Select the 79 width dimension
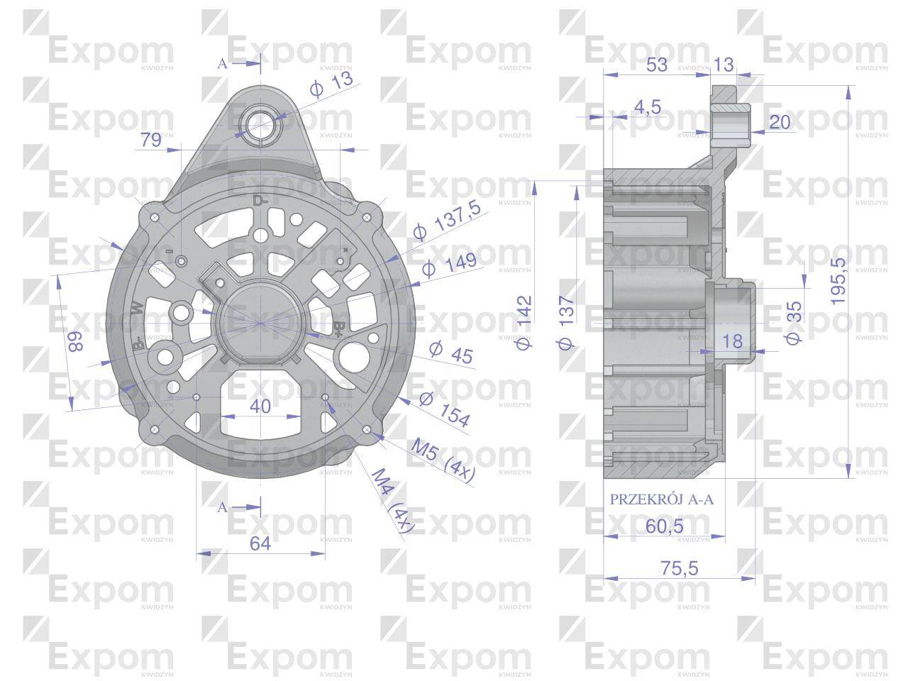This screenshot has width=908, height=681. point(151,140)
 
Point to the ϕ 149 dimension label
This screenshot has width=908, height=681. point(448,267)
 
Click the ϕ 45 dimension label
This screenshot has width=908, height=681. point(451,352)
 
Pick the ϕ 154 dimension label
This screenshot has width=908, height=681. point(445,409)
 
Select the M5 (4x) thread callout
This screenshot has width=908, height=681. point(443,461)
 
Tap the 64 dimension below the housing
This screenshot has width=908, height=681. point(260,543)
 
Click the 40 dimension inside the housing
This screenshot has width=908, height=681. point(260,406)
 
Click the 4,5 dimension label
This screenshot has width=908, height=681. point(647,107)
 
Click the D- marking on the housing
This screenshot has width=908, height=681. point(260,201)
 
